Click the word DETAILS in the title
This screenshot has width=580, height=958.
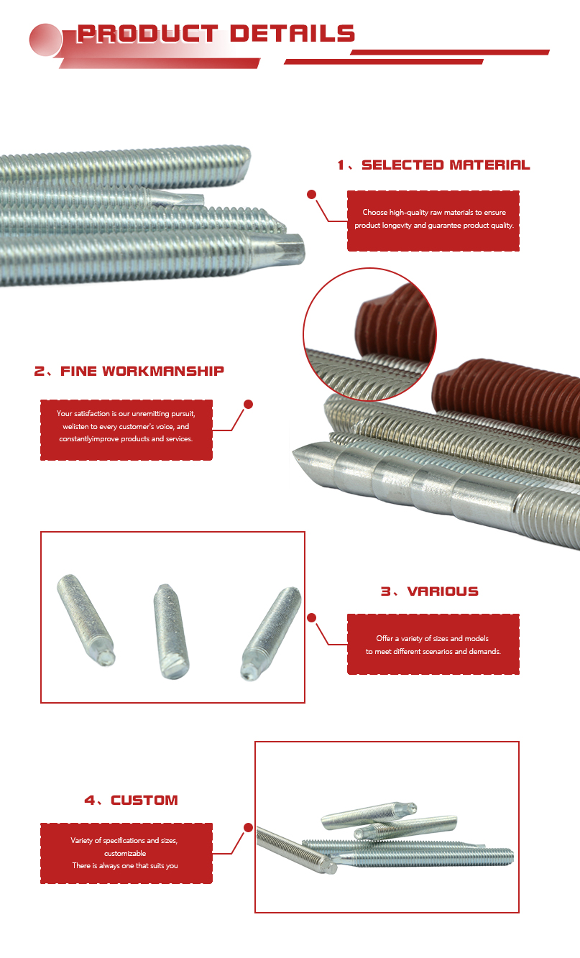tap(293, 33)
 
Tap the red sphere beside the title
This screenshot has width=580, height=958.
tap(45, 40)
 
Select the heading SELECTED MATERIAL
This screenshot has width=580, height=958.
tap(446, 165)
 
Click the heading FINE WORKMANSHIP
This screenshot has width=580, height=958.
tap(142, 371)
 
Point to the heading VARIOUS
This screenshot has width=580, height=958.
tap(443, 591)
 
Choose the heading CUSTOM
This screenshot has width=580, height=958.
tap(144, 800)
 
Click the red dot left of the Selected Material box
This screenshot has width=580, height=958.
tap(312, 195)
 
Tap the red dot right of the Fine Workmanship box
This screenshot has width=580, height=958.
tap(248, 404)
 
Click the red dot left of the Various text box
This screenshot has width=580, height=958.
tap(312, 617)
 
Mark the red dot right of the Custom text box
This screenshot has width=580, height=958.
tap(248, 827)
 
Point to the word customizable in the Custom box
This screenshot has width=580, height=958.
tap(125, 853)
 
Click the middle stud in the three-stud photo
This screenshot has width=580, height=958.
tap(170, 631)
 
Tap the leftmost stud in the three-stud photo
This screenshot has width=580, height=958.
tap(86, 620)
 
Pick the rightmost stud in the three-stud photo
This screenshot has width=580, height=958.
tap(270, 633)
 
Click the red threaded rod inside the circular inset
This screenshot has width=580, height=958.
tap(395, 323)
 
